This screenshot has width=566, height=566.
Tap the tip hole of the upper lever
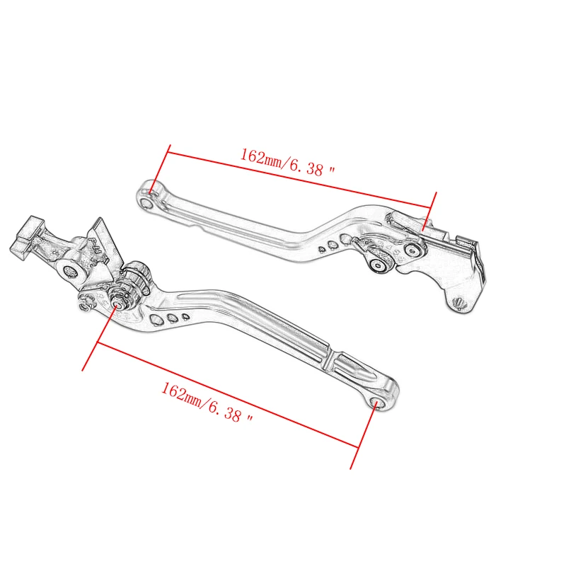click(x=146, y=202)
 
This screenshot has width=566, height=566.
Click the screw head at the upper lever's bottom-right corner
click(x=457, y=304)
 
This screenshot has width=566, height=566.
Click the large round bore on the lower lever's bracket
click(x=70, y=270)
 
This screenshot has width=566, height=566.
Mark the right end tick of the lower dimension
click(x=361, y=439)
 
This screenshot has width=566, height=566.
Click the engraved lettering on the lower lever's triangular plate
click(x=96, y=251)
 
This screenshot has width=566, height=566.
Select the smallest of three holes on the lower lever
click(x=185, y=316)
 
